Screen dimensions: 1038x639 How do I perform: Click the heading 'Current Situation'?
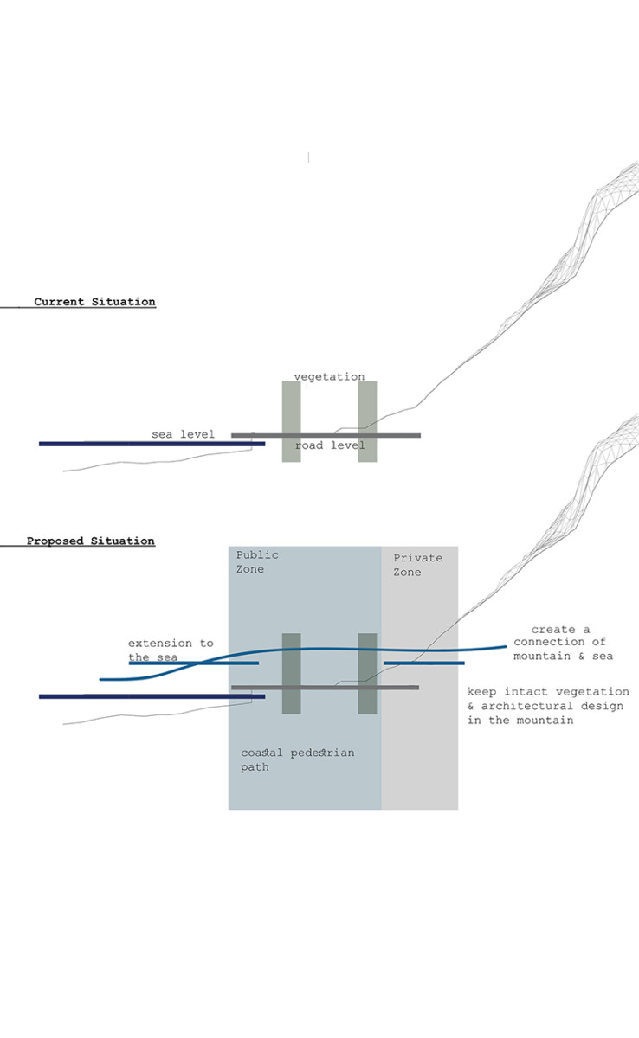94,302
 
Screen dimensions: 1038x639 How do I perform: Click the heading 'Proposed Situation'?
90,541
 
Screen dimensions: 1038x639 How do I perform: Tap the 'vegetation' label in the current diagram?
329,376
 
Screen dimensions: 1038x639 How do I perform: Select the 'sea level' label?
183,433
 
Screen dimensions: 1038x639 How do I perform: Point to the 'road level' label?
330,445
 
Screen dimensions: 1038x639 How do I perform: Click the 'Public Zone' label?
257,561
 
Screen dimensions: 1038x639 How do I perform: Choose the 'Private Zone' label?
417,565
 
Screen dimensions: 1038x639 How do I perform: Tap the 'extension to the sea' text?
170,650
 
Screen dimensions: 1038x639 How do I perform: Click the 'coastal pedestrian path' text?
297,759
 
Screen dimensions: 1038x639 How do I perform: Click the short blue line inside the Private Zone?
424,663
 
